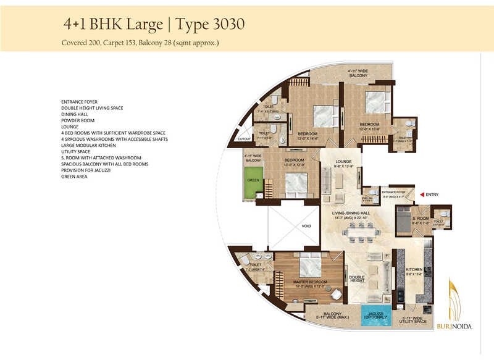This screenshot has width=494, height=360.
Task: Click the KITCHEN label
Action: click(x=414, y=270)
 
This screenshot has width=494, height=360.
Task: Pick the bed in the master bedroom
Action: click(x=307, y=267)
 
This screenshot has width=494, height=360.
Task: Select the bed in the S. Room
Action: click(x=404, y=220)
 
